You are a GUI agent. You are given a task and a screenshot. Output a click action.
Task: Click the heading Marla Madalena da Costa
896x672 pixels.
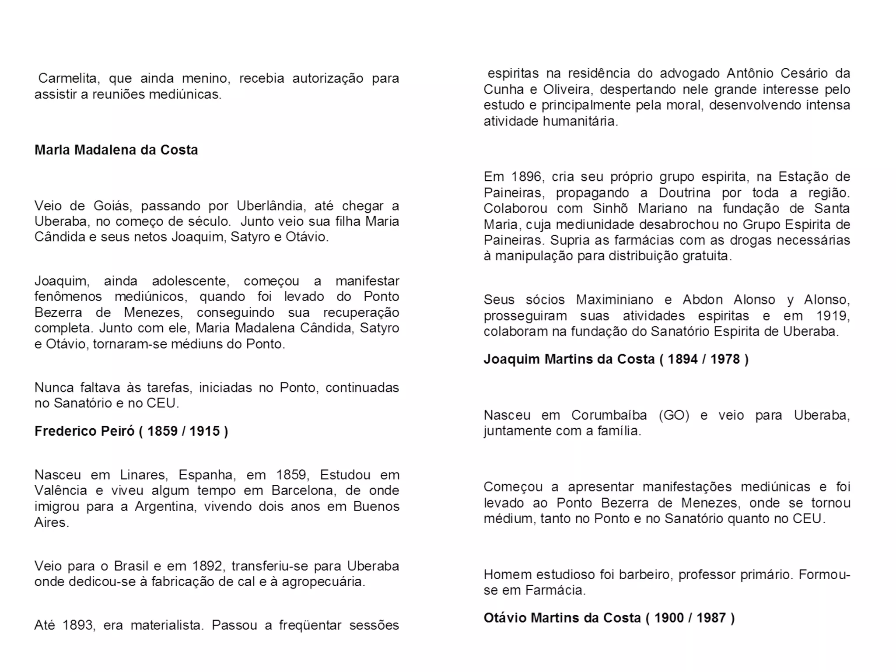click(116, 150)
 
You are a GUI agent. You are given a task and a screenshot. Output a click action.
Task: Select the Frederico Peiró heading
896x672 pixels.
click(131, 431)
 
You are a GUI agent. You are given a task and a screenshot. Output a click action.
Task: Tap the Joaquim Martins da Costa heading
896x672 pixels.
click(616, 359)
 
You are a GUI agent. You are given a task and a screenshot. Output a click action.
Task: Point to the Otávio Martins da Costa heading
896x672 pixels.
click(609, 618)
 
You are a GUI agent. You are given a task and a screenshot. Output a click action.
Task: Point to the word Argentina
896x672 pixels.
click(167, 507)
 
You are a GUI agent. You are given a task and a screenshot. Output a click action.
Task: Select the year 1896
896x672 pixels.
click(526, 177)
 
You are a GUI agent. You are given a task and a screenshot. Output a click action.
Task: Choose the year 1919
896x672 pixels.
click(832, 315)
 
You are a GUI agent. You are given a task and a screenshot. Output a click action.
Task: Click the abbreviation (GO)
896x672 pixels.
click(674, 415)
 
